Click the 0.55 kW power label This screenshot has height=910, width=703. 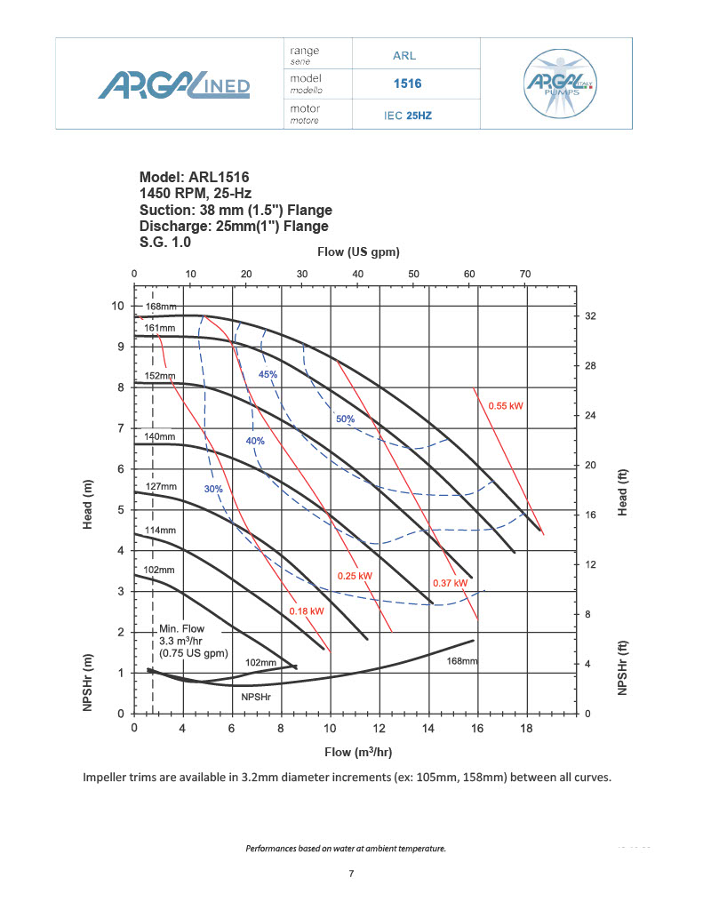tap(506, 405)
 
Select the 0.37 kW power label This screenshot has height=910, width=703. tap(450, 582)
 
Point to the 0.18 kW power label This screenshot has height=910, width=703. tap(307, 611)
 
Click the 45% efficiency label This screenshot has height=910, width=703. tap(268, 374)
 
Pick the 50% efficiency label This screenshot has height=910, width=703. tap(345, 419)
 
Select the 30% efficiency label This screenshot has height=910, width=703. tap(213, 489)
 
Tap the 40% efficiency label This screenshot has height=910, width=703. tap(255, 441)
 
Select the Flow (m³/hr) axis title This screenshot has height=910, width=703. tap(358, 752)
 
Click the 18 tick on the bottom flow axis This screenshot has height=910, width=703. tap(526, 728)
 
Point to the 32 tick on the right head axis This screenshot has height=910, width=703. tap(589, 316)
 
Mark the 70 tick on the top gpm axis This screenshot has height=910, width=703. tap(525, 273)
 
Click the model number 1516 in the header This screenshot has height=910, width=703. tap(407, 84)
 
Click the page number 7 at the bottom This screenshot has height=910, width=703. tap(352, 874)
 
